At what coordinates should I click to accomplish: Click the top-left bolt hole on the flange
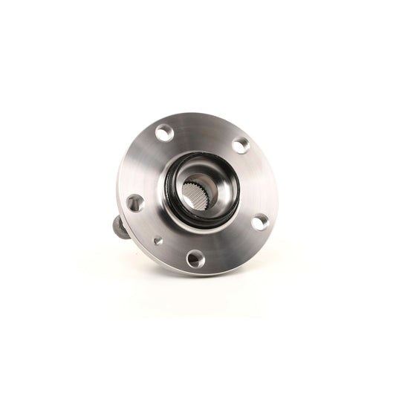click(164, 134)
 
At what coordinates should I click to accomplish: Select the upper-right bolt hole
click(241, 146)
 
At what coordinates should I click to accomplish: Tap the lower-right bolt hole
click(259, 221)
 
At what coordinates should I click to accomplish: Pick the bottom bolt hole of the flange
click(195, 258)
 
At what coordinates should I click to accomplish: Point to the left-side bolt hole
click(134, 202)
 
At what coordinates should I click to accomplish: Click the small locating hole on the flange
click(158, 240)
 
